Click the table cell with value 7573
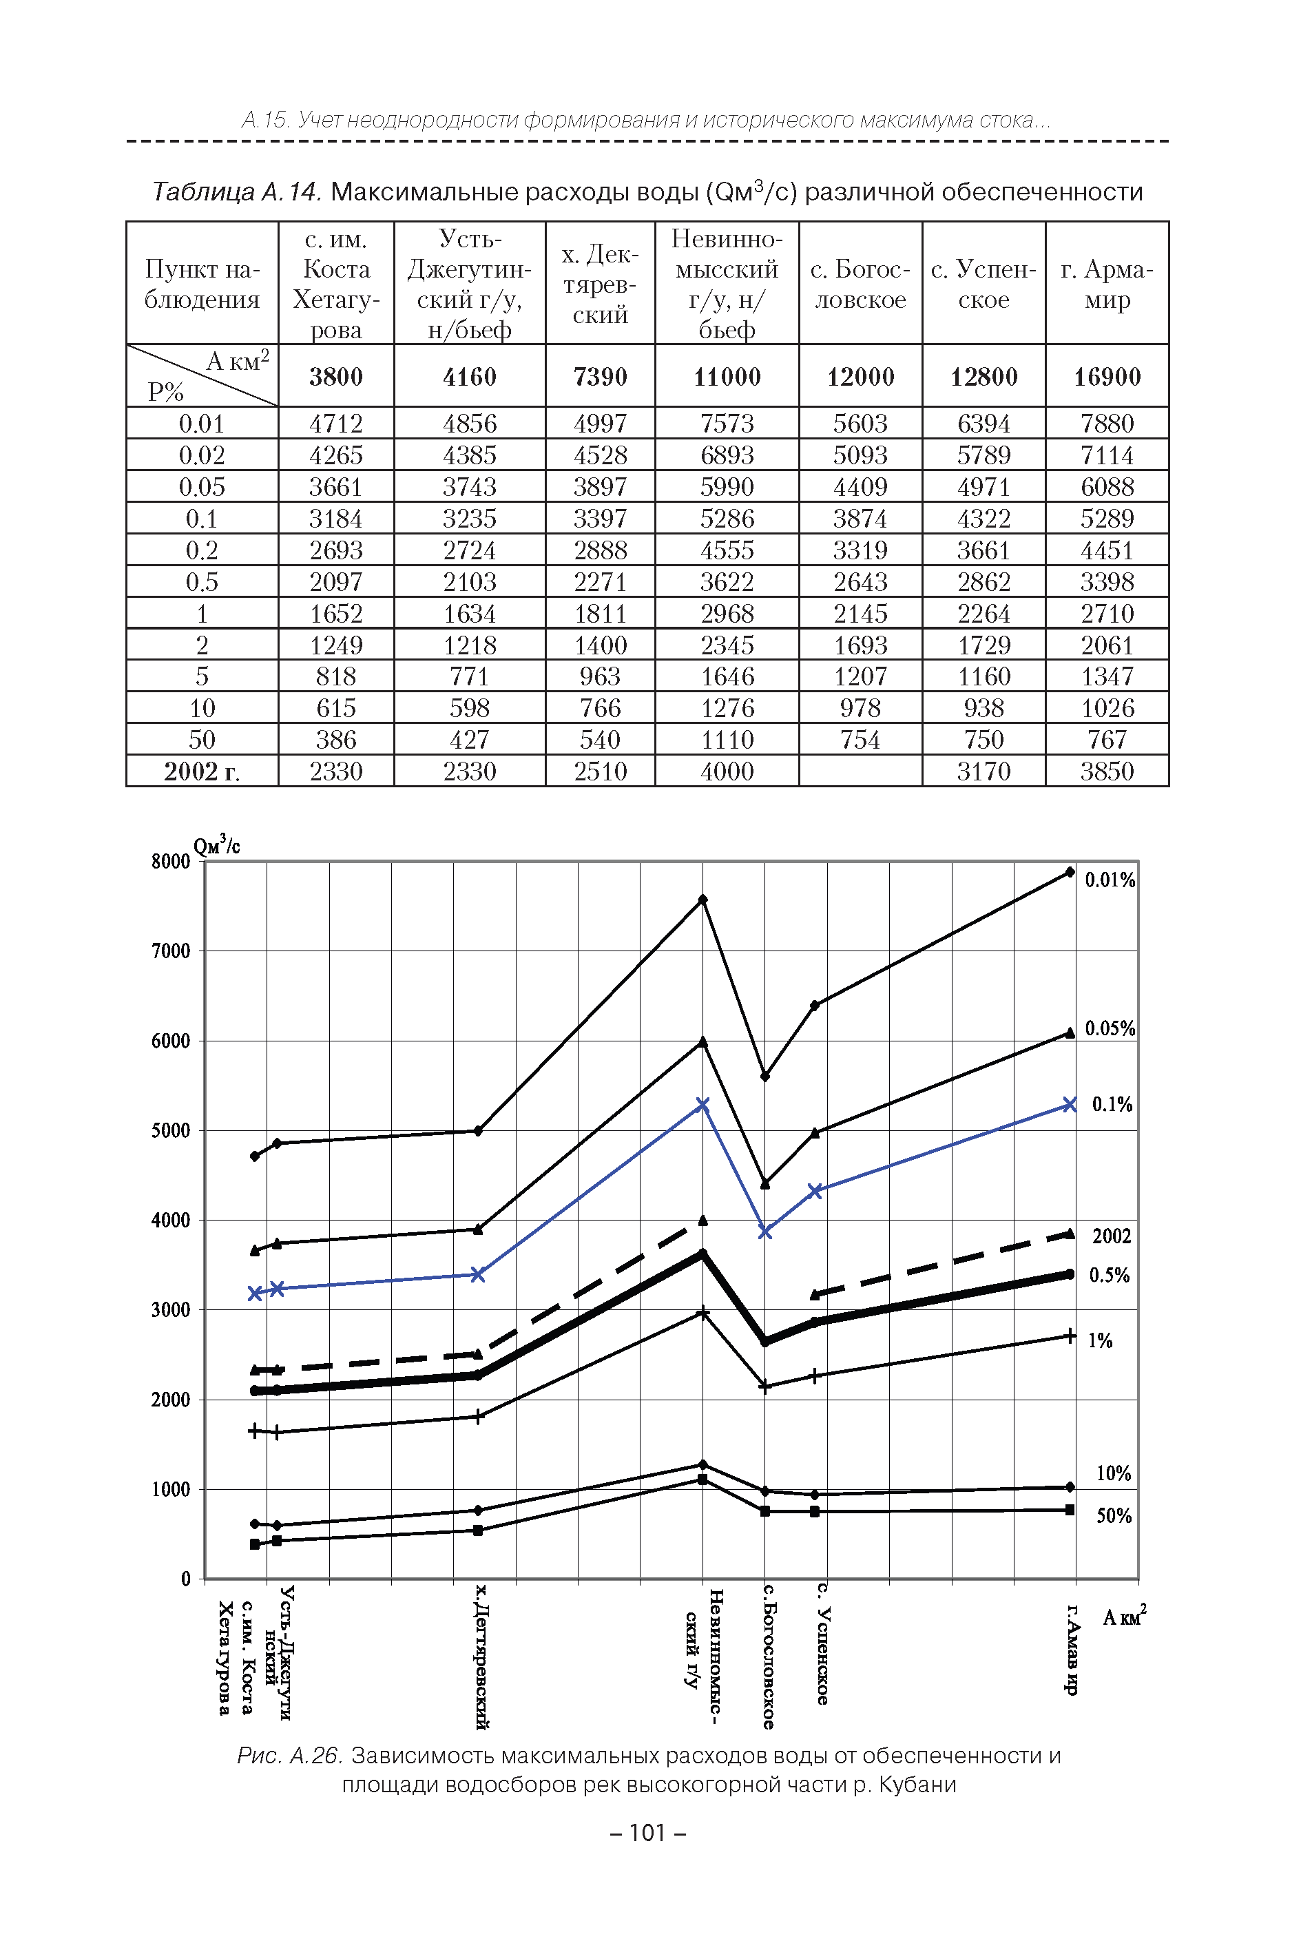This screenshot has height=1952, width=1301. [x=726, y=423]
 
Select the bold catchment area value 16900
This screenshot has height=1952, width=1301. [x=1107, y=377]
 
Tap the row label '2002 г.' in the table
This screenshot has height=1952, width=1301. [x=202, y=771]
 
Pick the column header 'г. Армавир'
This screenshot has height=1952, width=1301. [x=1107, y=284]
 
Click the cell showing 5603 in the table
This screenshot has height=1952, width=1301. [x=860, y=423]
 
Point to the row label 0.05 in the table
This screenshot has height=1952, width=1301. [x=202, y=487]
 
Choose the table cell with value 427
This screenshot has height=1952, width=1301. [x=469, y=739]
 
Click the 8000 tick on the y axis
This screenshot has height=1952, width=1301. [x=171, y=861]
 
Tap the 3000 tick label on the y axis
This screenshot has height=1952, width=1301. [x=171, y=1310]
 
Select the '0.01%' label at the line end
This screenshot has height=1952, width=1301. [x=1110, y=880]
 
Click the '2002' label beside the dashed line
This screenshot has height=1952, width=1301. [x=1111, y=1236]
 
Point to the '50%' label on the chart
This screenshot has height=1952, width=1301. [x=1114, y=1515]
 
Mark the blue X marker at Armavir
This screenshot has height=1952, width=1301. [x=1070, y=1104]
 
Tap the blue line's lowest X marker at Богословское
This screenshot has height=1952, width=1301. [x=765, y=1232]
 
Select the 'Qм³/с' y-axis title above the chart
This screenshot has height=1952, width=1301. [x=216, y=845]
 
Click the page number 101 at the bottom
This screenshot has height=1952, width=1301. [x=648, y=1833]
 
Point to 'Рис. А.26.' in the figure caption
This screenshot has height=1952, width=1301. [x=289, y=1756]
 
